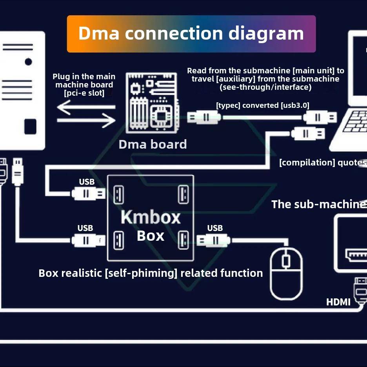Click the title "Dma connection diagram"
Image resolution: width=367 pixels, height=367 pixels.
pyautogui.click(x=191, y=33)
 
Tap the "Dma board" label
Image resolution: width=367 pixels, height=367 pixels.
pyautogui.click(x=153, y=144)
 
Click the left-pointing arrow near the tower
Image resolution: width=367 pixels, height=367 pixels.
pyautogui.click(x=86, y=107)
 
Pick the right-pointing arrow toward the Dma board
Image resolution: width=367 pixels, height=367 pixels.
pyautogui.click(x=86, y=121)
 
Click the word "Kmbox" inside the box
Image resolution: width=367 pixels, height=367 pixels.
pyautogui.click(x=151, y=217)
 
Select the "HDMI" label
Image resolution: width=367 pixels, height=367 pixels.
pyautogui.click(x=338, y=302)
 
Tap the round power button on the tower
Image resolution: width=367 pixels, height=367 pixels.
pyautogui.click(x=28, y=62)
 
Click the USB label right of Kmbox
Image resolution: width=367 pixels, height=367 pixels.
pyautogui.click(x=215, y=228)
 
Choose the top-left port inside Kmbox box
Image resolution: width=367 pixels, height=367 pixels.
pyautogui.click(x=118, y=194)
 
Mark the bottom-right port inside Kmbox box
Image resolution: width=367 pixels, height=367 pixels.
pyautogui.click(x=183, y=240)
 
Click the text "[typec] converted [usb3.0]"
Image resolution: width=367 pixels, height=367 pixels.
pyautogui.click(x=262, y=105)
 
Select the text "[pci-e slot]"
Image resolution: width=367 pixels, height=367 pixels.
pyautogui.click(x=84, y=93)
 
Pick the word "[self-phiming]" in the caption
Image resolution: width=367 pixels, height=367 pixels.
pyautogui.click(x=141, y=273)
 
